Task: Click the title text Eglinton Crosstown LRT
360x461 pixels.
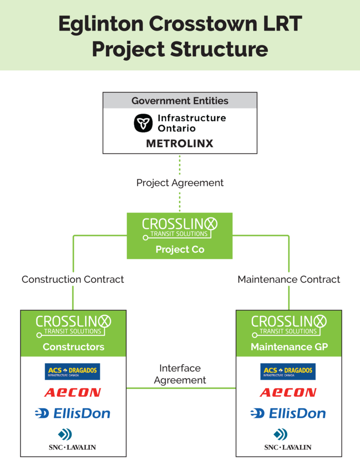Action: pos(180,23)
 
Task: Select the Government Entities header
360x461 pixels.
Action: pos(180,100)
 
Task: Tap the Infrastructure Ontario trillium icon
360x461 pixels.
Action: pos(144,123)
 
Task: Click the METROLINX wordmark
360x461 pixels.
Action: pos(180,144)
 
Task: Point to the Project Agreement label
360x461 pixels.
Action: pos(180,183)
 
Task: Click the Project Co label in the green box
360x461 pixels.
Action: pos(180,249)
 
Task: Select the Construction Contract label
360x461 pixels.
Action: pos(73,279)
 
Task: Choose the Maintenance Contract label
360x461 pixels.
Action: pos(289,279)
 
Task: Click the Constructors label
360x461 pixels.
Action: pos(73,347)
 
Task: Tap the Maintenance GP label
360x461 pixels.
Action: pos(289,347)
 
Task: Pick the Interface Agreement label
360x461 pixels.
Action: pos(180,374)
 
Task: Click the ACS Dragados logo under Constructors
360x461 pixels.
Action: pos(72,371)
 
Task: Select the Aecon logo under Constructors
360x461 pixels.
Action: pos(72,393)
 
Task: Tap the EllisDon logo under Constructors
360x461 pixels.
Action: pos(72,413)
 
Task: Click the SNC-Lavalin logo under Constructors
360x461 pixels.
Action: pos(72,439)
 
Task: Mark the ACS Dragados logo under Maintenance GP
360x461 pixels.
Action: pos(288,371)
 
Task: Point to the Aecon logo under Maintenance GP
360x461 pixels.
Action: pos(288,393)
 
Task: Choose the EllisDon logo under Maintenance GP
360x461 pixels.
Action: pos(288,413)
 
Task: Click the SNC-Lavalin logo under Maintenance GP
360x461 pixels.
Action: pos(288,439)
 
